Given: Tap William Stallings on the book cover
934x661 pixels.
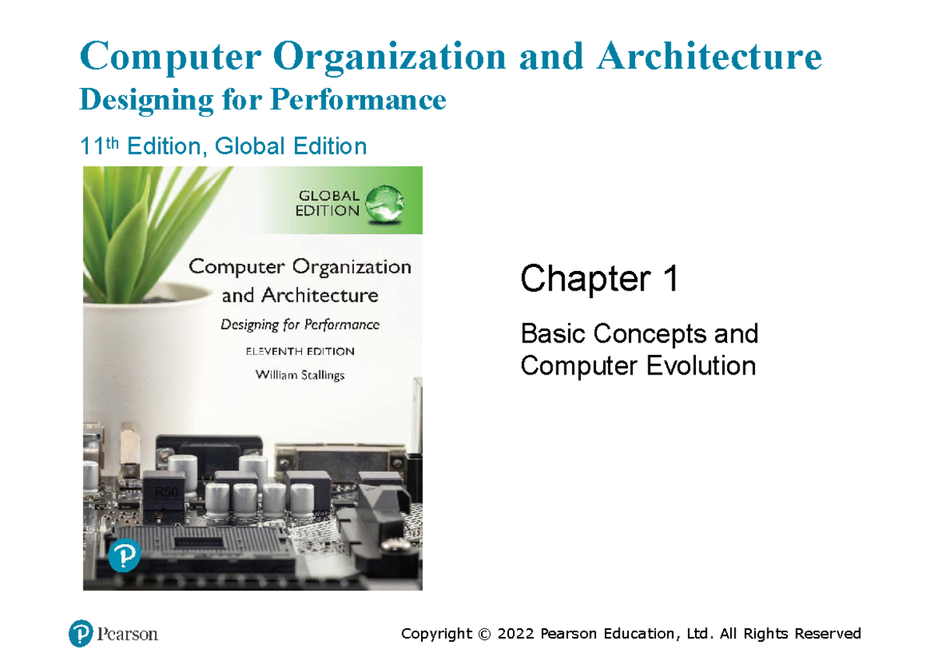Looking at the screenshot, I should pos(300,374).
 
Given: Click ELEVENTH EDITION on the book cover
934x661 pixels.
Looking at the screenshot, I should pos(300,351).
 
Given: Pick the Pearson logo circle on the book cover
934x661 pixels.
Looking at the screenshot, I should pos(125,557).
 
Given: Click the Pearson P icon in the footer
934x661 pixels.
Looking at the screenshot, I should pos(81,634).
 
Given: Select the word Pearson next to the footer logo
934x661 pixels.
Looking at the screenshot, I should pos(128,635).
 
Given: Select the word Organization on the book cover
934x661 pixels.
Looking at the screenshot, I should pos(352,267).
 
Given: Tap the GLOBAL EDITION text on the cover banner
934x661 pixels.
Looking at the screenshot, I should pos(327,202).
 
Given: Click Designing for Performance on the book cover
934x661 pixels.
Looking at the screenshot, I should pos(300,325).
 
